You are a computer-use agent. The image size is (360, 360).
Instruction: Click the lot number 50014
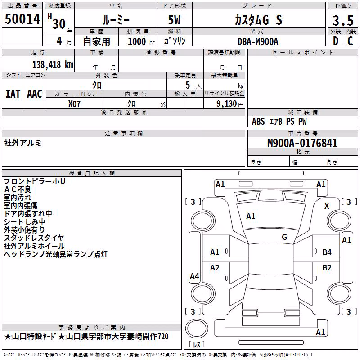click(x=22, y=19)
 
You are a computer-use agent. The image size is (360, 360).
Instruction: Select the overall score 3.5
click(x=343, y=20)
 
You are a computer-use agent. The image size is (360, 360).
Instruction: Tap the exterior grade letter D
click(x=336, y=41)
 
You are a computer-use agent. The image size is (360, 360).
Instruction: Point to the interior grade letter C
click(x=350, y=41)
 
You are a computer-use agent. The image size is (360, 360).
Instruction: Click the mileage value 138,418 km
click(x=53, y=65)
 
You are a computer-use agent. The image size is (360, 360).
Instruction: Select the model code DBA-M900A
click(x=258, y=41)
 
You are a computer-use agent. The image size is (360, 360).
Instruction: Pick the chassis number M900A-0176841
click(x=302, y=143)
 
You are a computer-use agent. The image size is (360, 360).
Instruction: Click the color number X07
click(x=74, y=104)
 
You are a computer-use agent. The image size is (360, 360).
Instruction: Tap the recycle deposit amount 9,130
click(x=227, y=104)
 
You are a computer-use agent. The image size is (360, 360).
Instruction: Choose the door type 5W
click(x=174, y=20)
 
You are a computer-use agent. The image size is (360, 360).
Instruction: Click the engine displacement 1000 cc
click(x=141, y=42)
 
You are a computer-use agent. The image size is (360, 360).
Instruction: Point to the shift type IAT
click(x=13, y=94)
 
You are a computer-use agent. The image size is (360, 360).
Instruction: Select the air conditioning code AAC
click(x=35, y=94)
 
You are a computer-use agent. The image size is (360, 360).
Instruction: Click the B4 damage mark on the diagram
click(x=327, y=252)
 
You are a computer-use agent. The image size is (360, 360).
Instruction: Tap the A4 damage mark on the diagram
click(x=194, y=276)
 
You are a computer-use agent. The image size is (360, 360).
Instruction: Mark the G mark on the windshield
click(x=284, y=237)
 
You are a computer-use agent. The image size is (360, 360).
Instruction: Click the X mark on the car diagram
click(x=327, y=206)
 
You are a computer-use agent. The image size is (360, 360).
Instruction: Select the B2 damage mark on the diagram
click(x=327, y=268)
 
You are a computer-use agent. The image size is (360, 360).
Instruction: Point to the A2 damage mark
click(x=215, y=268)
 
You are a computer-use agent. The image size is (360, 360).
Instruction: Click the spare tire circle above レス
click(x=197, y=328)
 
